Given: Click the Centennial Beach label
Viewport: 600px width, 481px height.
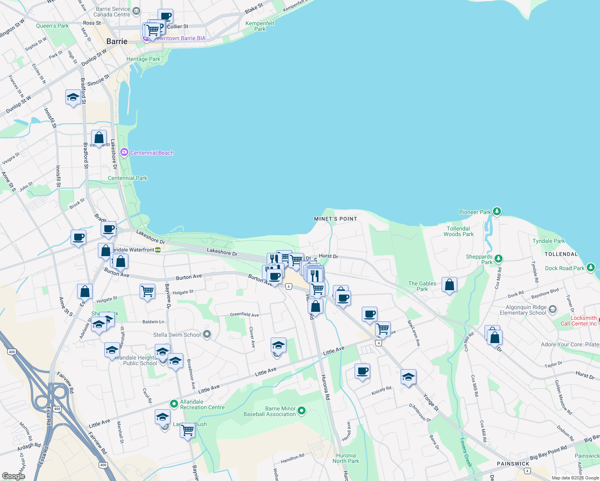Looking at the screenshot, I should pos(152,153).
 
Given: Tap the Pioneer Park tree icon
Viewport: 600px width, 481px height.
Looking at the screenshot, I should pos(497,211).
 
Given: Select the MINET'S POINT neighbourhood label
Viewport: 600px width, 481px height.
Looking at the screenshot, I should pos(335,219).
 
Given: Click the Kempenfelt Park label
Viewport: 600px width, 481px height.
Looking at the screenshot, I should pos(260,26).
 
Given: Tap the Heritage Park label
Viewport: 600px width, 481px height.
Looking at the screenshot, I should pos(143,59).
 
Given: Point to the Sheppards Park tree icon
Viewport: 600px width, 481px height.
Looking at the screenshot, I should pos(499,259).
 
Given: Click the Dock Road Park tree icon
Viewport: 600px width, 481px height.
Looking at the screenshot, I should pos(590,267).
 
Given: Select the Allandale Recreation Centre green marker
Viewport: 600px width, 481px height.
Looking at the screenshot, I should pos(174,404).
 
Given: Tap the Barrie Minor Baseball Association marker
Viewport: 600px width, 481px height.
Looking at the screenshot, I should pos(302,410).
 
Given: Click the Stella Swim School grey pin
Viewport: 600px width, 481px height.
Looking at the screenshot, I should pos(207,334).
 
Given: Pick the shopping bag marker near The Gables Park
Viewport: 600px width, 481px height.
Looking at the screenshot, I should pos(450,285).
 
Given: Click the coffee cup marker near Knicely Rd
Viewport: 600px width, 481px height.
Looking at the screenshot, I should pos(362,371).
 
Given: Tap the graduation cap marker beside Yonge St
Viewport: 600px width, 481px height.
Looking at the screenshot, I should pos(408,377).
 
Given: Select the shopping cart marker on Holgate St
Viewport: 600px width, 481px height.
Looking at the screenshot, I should pos(147,291).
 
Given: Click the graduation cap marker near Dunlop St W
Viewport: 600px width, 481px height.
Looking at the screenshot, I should pos(73,97).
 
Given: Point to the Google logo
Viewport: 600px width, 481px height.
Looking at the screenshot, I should pos(13,476).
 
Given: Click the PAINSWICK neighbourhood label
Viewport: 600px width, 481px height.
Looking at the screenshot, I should pos(513,464).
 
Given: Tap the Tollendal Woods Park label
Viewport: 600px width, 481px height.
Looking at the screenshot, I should pos(458,231).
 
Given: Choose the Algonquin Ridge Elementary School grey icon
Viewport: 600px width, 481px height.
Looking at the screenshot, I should pos(553,309).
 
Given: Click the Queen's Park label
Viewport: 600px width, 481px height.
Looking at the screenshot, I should pos(52,26).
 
